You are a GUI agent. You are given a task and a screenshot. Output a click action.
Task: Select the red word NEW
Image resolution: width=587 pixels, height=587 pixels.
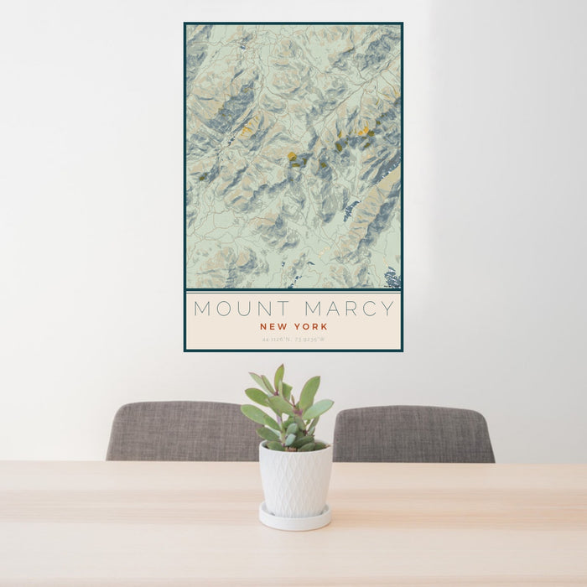click(x=273, y=326)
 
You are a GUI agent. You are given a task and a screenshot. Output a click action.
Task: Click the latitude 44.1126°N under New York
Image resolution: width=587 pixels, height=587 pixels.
click(x=277, y=340)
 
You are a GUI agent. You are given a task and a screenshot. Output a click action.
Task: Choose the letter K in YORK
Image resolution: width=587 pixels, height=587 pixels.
click(x=325, y=326)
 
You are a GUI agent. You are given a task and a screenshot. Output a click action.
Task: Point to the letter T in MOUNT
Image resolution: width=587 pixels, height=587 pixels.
click(x=283, y=309)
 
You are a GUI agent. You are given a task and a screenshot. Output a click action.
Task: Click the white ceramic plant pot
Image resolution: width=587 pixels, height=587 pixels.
click(x=294, y=479)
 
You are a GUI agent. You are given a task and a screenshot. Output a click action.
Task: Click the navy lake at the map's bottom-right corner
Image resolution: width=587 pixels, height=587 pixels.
click(x=392, y=276)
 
